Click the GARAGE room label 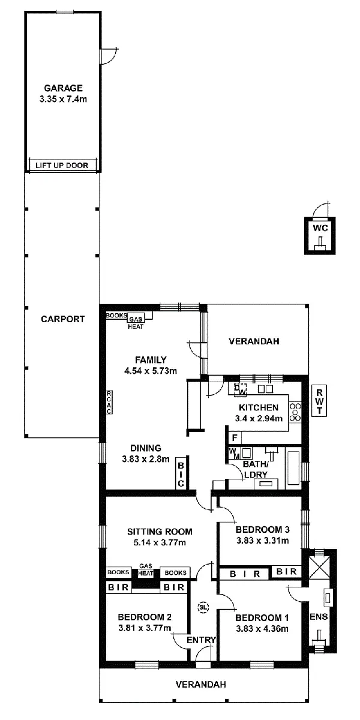click(x=62, y=88)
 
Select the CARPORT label click(x=62, y=319)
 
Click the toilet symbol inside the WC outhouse click(x=321, y=242)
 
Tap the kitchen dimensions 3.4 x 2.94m click(x=258, y=418)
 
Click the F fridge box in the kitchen click(x=234, y=437)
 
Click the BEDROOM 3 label click(x=263, y=530)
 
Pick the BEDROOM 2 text click(x=145, y=617)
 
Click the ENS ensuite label click(x=317, y=616)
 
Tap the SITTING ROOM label click(x=160, y=531)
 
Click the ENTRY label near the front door click(x=200, y=640)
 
